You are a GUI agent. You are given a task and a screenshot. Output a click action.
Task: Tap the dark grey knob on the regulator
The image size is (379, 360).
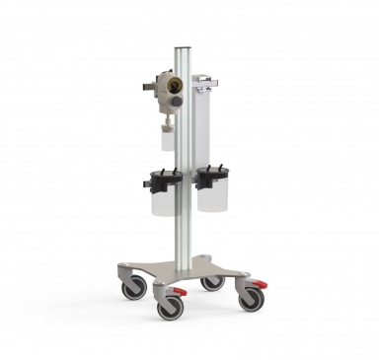(174, 101)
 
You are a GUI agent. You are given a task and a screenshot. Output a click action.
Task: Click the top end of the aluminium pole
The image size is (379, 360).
(183, 46)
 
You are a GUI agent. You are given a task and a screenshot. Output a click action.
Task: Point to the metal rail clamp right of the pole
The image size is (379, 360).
(205, 88)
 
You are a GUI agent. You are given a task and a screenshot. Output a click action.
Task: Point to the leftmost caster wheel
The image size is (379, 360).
(133, 288)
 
